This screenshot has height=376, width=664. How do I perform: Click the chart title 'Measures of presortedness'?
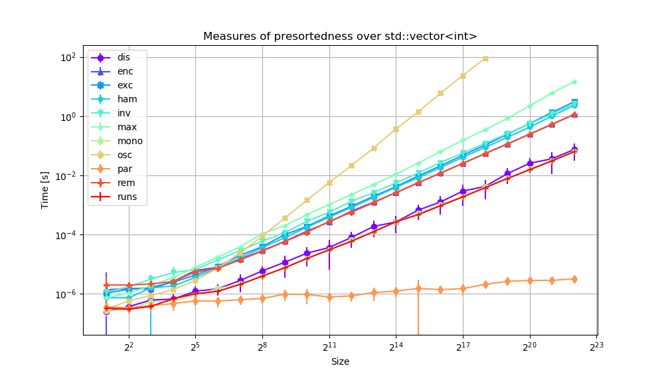click(340, 37)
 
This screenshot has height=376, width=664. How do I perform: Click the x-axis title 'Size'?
click(340, 362)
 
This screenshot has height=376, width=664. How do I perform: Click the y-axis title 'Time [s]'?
click(45, 189)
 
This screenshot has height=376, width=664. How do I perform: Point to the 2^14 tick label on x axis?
click(396, 346)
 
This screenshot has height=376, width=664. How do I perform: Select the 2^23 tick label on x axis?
click(596, 346)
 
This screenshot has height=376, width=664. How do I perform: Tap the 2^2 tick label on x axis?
click(129, 346)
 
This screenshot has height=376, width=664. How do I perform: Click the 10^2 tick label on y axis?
click(68, 58)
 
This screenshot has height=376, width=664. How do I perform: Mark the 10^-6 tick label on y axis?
click(66, 294)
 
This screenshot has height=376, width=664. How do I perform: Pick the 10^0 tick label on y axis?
click(68, 117)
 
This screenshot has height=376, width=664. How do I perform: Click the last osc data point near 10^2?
click(485, 58)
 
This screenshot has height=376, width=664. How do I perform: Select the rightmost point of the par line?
click(574, 279)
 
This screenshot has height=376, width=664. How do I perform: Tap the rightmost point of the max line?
click(574, 82)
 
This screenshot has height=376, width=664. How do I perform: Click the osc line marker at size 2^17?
click(463, 76)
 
